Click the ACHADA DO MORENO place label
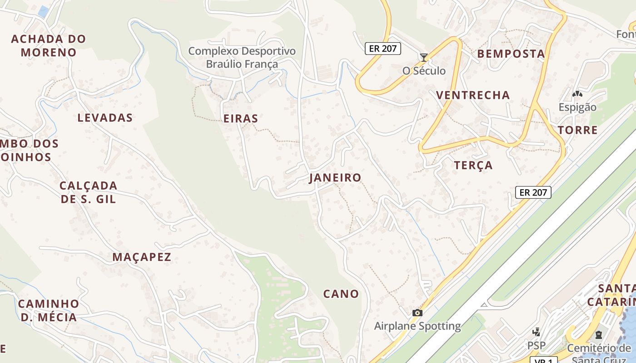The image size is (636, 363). pos(49,45)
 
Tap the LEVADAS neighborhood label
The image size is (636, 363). pos(105,118)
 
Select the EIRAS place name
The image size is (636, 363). pos(241,119)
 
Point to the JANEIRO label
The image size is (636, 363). pos(335,178)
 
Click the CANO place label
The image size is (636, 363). pos(341,294)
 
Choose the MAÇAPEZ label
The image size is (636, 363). pos(142,257)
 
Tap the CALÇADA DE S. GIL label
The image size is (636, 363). pos(89,192)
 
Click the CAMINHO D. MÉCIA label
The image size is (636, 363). pos(49,310)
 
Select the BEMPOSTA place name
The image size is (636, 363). pos(511,54)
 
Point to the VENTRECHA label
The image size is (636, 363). pos(473,95)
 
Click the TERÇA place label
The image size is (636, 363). pos(473,166)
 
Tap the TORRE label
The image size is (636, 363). pos(577,130)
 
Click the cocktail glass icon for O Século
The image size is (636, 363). pos(424,57)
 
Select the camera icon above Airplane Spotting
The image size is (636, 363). pos(417,313)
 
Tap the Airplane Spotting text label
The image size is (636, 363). pos(417,326)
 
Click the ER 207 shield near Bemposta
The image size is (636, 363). pos(383,49)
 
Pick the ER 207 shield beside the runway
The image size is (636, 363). pos(534,192)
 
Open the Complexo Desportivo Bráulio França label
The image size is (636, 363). pos(242,58)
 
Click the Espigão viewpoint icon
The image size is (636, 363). pos(577,94)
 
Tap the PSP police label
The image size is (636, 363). pos(537,345)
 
